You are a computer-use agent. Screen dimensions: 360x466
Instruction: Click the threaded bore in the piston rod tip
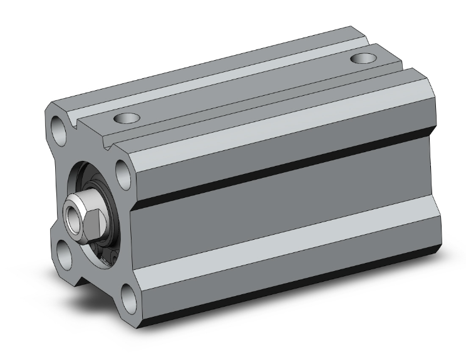pyautogui.click(x=73, y=215)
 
